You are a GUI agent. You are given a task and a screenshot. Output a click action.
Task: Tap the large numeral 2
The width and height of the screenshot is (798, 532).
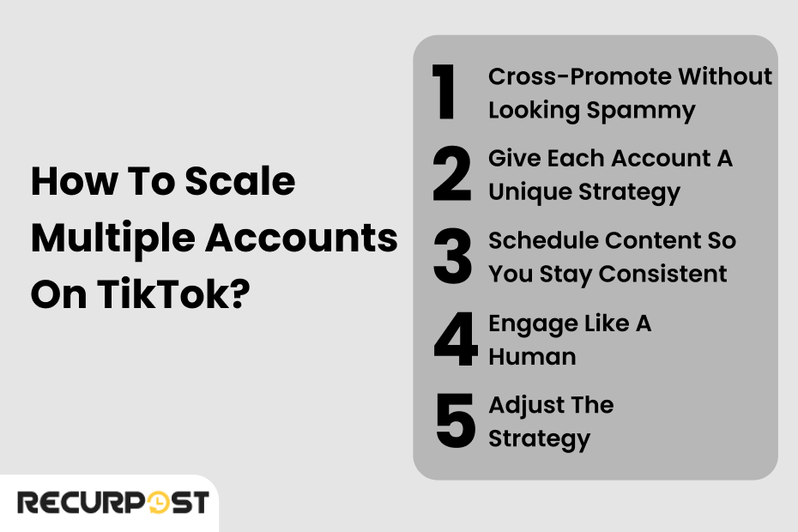pyautogui.click(x=452, y=175)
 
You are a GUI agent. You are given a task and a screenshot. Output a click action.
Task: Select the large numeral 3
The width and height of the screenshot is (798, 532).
pyautogui.click(x=452, y=257)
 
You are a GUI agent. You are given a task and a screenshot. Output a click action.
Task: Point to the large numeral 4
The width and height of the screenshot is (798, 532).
pyautogui.click(x=454, y=340)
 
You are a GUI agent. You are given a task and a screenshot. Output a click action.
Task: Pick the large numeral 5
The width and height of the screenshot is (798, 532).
pyautogui.click(x=454, y=421)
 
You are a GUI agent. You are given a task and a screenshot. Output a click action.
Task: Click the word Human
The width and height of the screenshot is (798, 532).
pyautogui.click(x=532, y=356)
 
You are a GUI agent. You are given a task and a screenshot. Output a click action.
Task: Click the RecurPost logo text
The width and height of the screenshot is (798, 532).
pyautogui.click(x=112, y=502)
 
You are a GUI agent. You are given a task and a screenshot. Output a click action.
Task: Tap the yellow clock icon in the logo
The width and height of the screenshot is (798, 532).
pyautogui.click(x=159, y=503)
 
